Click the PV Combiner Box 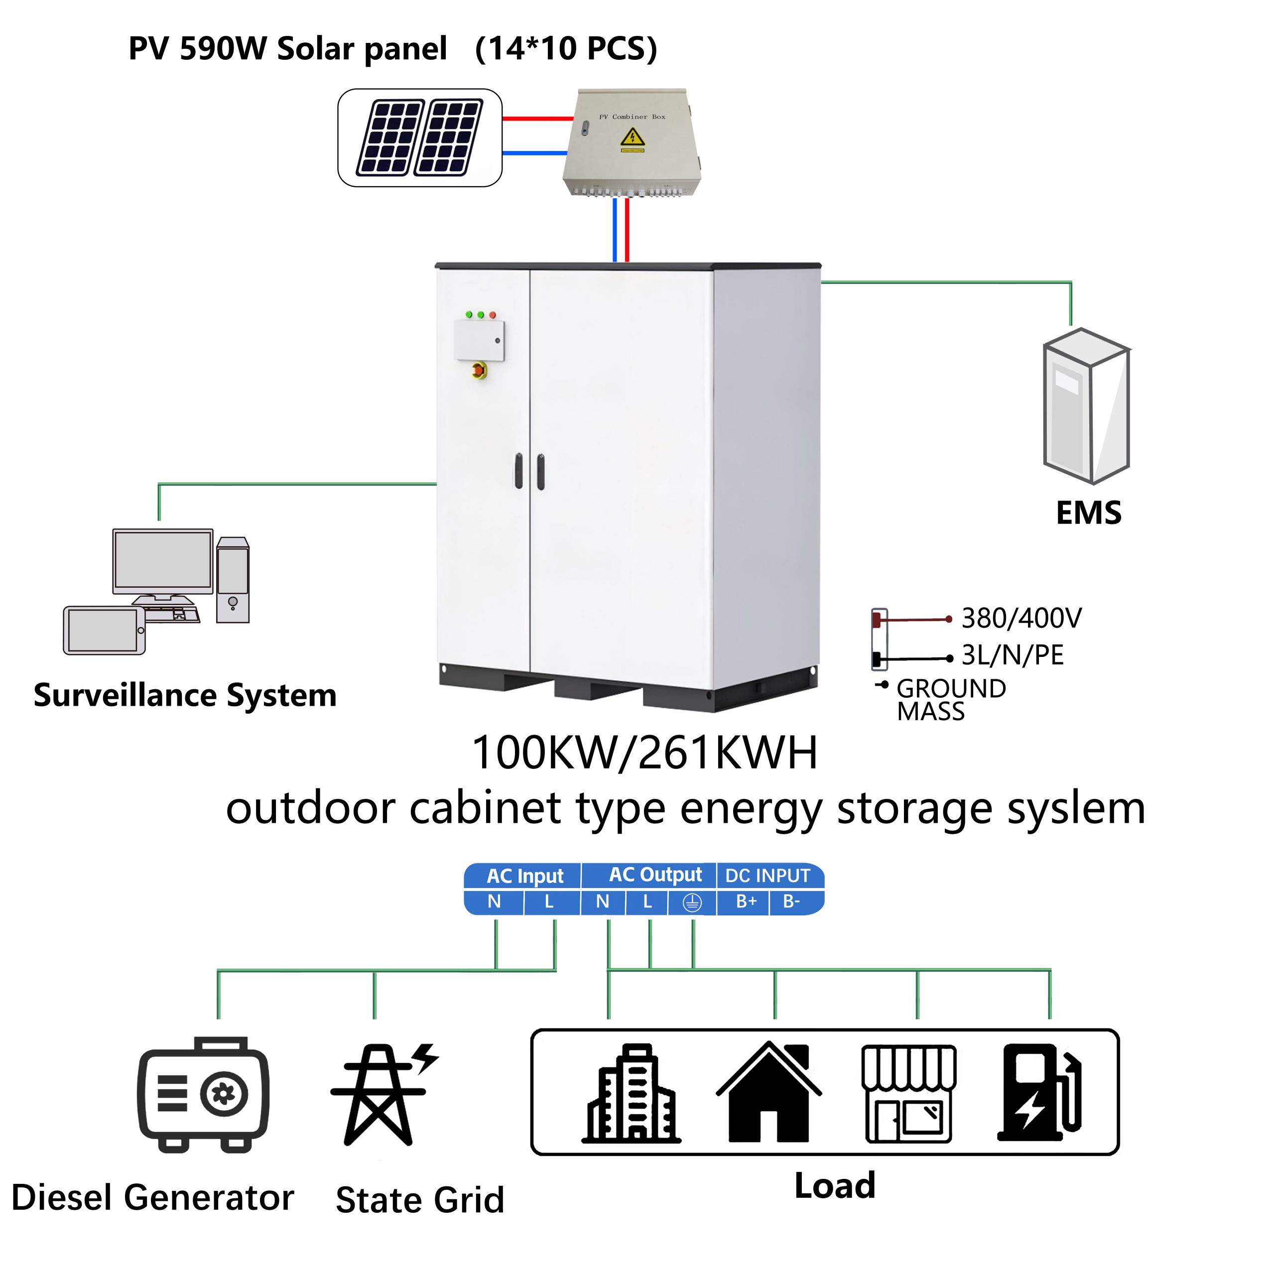[x=632, y=142]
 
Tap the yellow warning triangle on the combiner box [x=632, y=138]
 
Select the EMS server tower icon [x=1086, y=406]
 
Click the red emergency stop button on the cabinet [x=480, y=370]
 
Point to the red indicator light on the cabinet [x=492, y=315]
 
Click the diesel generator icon [x=203, y=1096]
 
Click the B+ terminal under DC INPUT [x=746, y=902]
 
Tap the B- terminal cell [x=791, y=902]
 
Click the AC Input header [x=524, y=876]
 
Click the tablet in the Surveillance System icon [x=104, y=630]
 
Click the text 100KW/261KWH [x=645, y=753]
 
